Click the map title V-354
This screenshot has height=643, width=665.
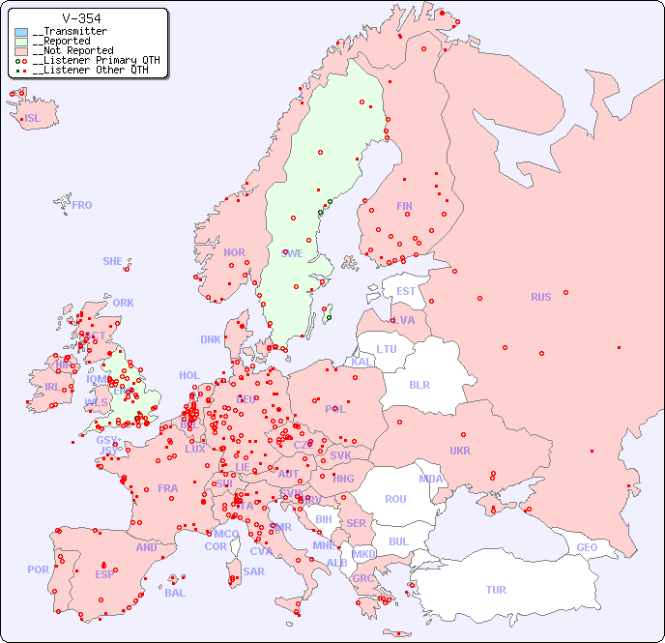pos(81,18)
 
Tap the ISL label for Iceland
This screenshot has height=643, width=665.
pos(33,119)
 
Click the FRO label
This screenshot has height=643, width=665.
pos(82,205)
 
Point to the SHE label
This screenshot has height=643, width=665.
pos(113,261)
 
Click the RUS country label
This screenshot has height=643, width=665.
pos(540,297)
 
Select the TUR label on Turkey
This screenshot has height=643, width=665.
pos(496,590)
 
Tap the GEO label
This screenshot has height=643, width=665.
pos(587,547)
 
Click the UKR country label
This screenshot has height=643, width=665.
pos(460,451)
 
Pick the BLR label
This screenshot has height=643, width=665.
pos(419,384)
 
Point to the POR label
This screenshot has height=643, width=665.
pos(38,570)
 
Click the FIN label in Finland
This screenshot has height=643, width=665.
pos(404,206)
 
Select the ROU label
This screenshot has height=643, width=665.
pos(395,499)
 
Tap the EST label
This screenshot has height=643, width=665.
pos(406,291)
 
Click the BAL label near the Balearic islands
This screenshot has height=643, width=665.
pos(175,593)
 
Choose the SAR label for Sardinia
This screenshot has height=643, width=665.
pos(253,571)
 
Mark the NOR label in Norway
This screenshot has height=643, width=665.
pos(234,252)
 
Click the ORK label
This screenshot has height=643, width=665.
pos(123,303)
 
